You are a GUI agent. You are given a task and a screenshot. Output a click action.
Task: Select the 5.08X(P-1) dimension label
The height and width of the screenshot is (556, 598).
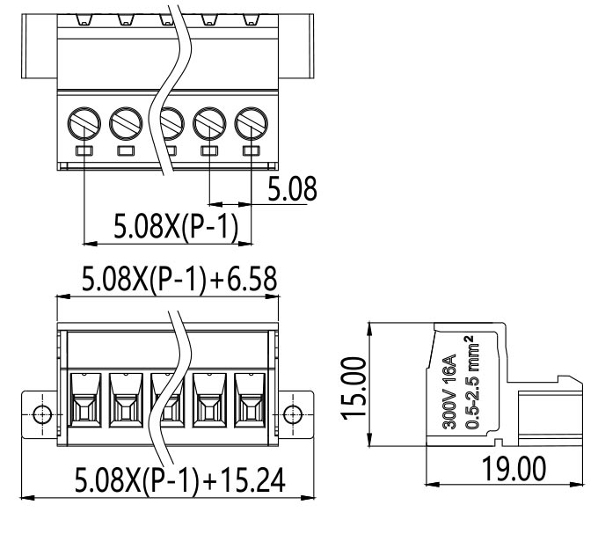pos(171,227)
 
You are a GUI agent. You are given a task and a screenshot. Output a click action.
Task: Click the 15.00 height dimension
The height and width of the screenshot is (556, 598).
pos(354,388)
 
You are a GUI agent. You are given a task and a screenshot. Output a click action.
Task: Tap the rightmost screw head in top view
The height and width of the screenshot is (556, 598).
pos(252,121)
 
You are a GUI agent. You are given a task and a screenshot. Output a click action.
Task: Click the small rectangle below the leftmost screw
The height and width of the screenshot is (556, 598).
pos(84,152)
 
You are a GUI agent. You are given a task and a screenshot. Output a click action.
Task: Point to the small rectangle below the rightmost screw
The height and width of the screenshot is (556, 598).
pos(252,152)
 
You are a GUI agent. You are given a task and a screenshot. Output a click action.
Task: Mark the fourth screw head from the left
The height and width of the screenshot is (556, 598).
pos(210,121)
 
